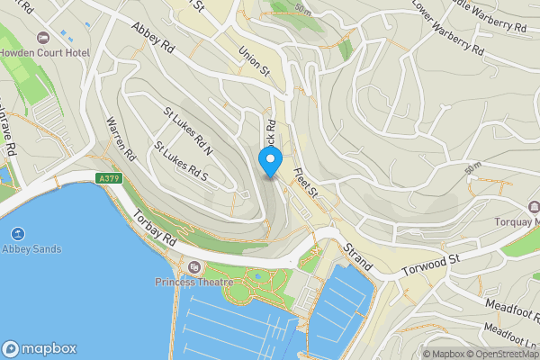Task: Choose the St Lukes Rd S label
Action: [180, 160]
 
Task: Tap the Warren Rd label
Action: [119, 135]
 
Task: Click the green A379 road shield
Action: [110, 179]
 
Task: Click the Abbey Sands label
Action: [31, 248]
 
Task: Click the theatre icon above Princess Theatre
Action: [193, 267]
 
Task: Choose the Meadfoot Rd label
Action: [509, 308]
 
